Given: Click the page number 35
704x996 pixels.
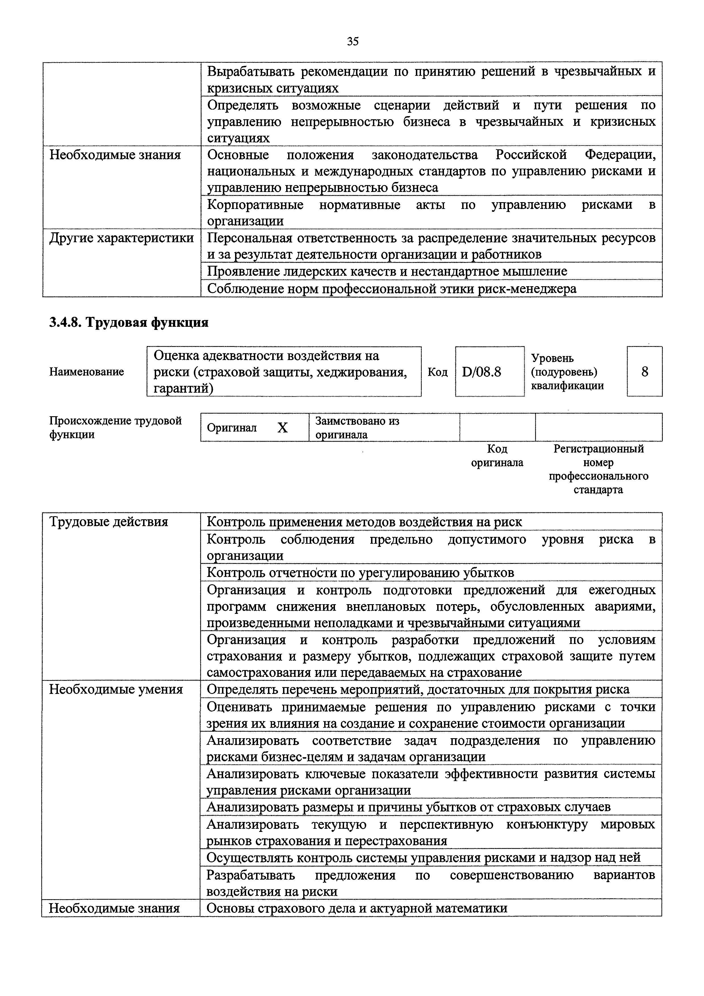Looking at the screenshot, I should click(353, 42).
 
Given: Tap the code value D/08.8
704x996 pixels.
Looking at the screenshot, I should click(481, 372).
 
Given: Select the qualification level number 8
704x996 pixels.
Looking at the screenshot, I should click(645, 372).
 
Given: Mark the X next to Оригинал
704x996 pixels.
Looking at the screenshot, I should click(282, 428).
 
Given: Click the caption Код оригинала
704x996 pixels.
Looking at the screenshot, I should click(497, 455).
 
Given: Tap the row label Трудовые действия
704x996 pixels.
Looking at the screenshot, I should click(108, 522).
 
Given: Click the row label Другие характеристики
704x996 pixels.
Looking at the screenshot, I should click(121, 238).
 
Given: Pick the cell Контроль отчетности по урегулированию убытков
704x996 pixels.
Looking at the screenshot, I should click(360, 573).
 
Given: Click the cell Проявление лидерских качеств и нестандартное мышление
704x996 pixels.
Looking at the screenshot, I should click(387, 271).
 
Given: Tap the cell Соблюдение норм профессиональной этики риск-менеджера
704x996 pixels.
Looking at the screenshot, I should click(392, 289).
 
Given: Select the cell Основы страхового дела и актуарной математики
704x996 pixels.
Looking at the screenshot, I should click(357, 908).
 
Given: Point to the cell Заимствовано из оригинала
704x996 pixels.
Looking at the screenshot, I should click(357, 428).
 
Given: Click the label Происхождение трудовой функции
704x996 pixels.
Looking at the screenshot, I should click(115, 428).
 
